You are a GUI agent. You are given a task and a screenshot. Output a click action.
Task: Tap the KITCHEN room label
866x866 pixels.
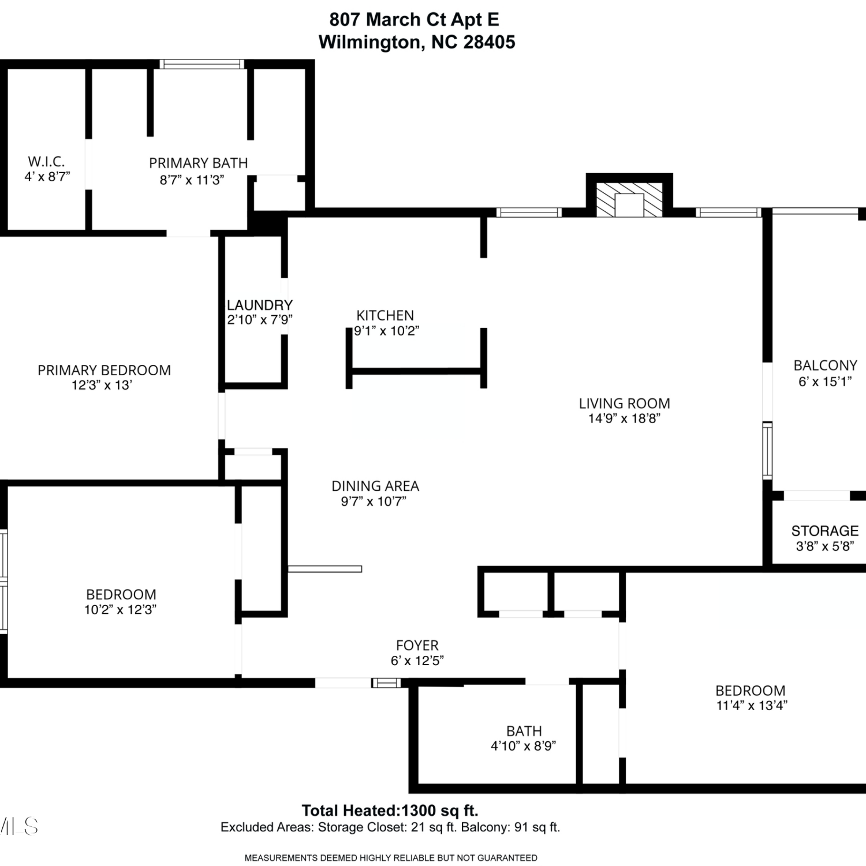pos(385,315)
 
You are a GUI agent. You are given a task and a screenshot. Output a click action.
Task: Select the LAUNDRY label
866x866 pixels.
pos(260,305)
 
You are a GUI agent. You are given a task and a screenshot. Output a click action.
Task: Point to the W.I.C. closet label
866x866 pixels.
pos(46,162)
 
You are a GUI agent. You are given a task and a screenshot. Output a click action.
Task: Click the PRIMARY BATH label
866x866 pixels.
pos(199,163)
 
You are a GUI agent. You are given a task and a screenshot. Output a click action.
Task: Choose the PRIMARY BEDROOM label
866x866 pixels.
pos(104,370)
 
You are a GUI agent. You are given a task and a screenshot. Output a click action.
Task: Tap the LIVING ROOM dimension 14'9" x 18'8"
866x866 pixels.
pos(624,419)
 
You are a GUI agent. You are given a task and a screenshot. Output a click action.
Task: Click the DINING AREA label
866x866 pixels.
pos(375,486)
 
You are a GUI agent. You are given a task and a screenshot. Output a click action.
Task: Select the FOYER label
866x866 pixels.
pos(417,645)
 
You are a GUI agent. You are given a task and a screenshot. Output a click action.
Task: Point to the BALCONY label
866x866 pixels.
pos(826,365)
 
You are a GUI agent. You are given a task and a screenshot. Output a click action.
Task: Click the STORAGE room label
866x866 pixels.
pos(825,531)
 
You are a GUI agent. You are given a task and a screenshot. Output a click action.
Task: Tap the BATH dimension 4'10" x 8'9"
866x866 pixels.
pos(524,746)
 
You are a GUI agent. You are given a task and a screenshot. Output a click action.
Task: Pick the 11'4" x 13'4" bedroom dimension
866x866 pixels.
pos(752,706)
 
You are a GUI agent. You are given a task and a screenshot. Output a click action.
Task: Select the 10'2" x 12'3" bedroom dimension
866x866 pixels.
pos(121,610)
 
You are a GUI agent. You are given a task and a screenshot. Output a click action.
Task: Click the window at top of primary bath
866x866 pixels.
pos(201,64)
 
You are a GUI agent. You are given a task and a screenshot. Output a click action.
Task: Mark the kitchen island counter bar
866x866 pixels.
pos(416,371)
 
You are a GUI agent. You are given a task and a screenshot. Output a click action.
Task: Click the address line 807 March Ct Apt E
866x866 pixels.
pos(414,20)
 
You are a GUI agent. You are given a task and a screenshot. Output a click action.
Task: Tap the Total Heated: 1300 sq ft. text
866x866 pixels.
pos(390,811)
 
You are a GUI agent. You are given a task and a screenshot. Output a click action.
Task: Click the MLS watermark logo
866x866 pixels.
pos(19,826)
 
